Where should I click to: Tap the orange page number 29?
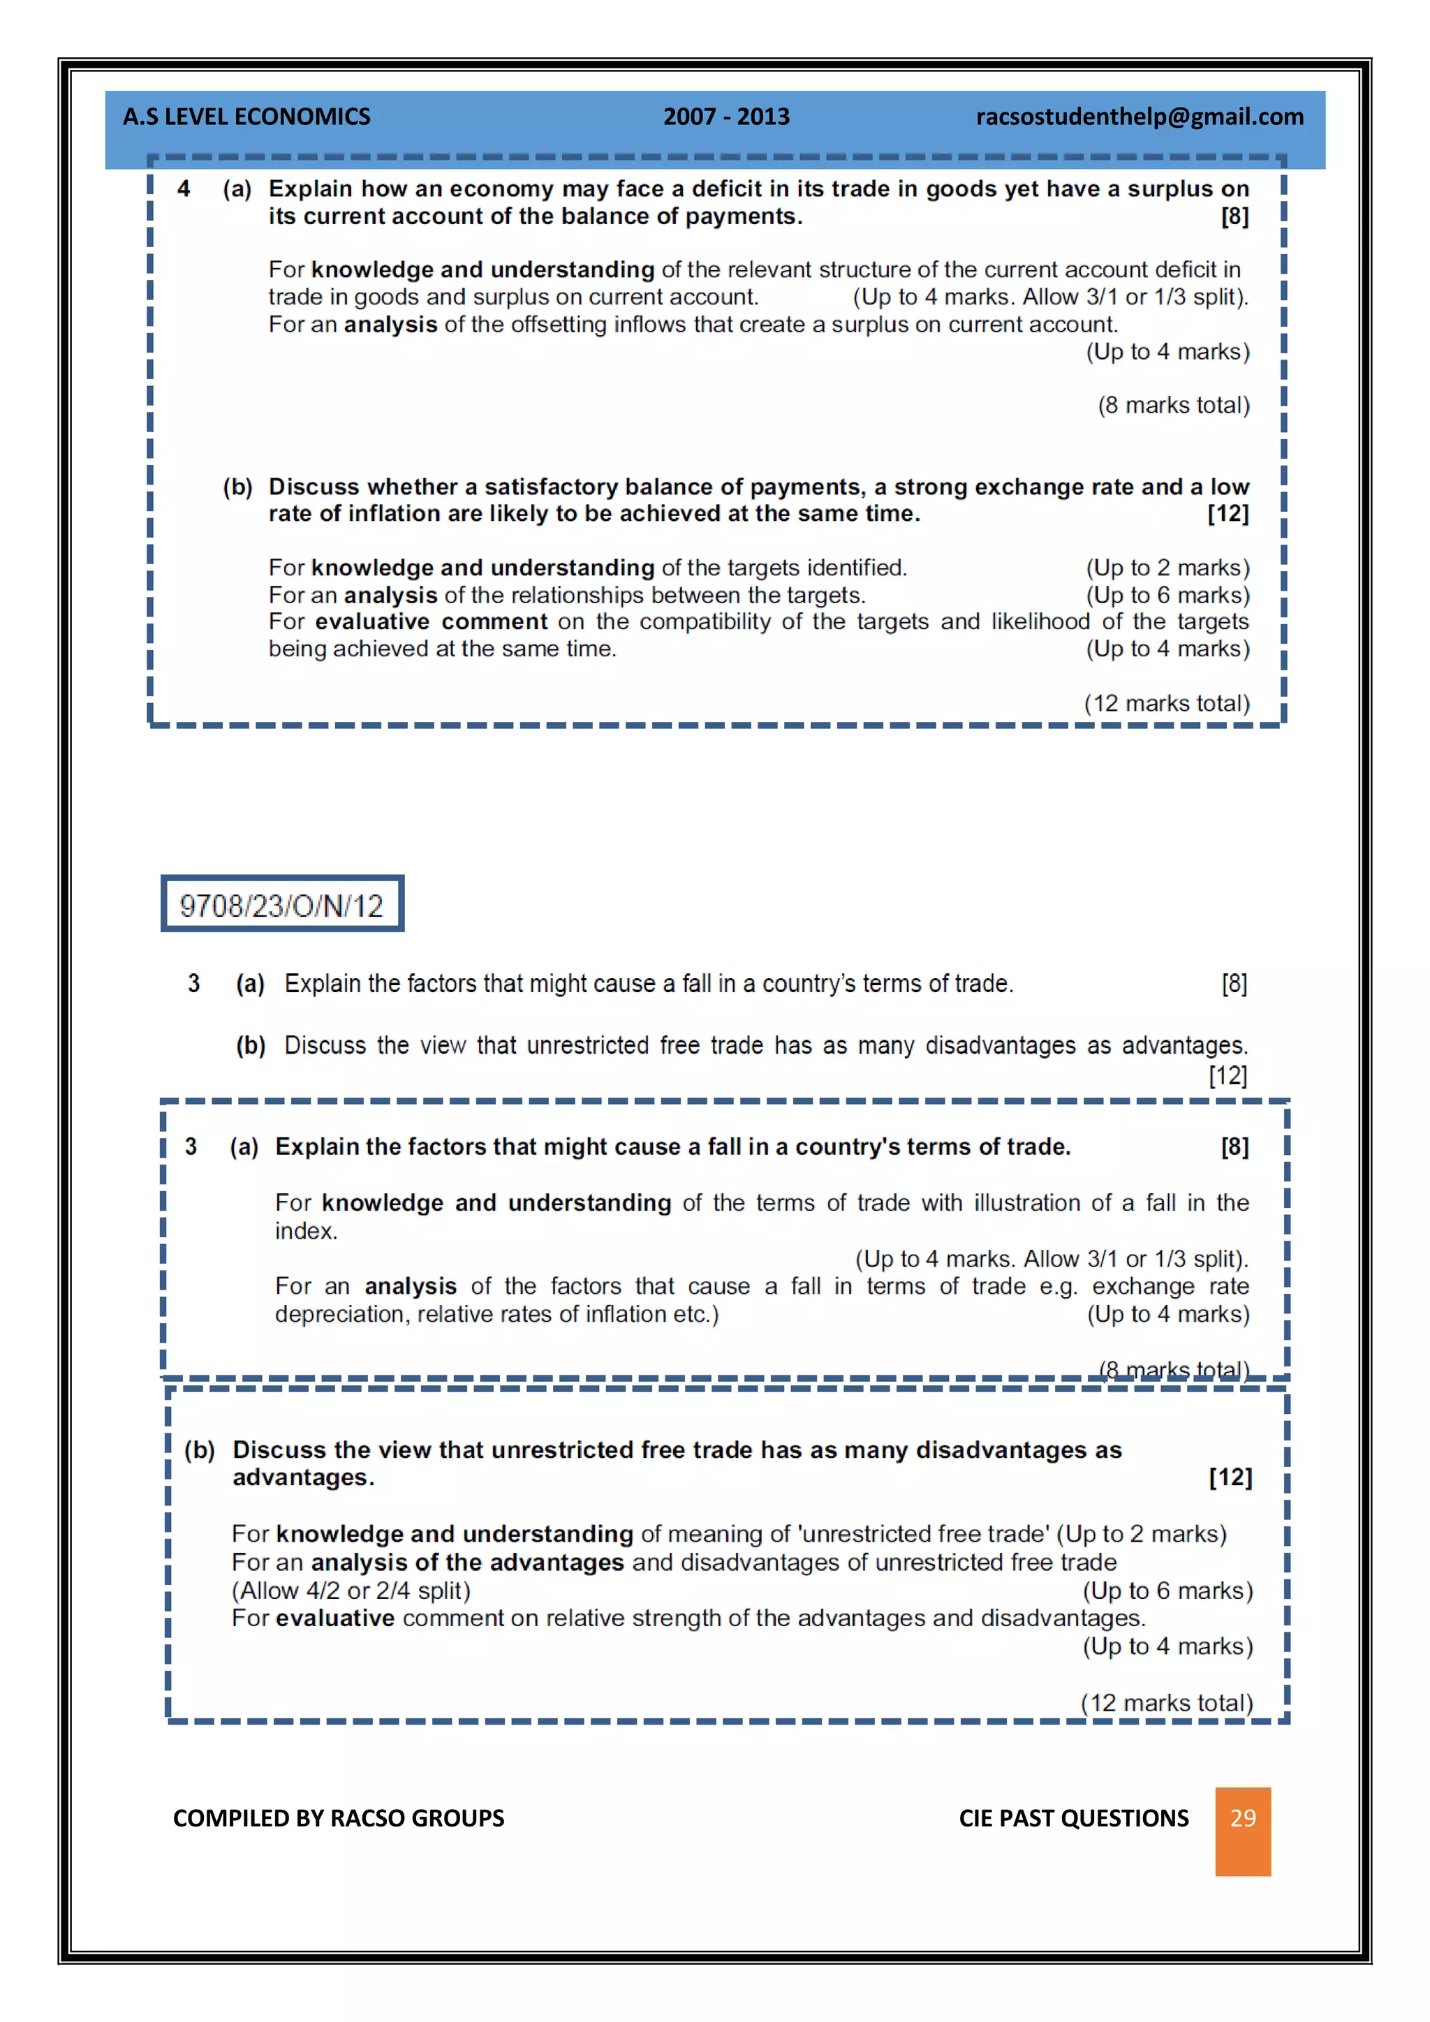click(x=1241, y=1817)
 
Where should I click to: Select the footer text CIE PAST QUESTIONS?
click(x=1073, y=1817)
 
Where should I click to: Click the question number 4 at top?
click(x=183, y=189)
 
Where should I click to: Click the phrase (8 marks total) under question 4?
click(x=1173, y=405)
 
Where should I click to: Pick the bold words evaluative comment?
click(x=431, y=621)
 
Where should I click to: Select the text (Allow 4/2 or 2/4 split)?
click(x=351, y=1591)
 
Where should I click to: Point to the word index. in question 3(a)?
click(x=306, y=1231)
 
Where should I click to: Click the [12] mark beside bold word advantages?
click(x=1229, y=1477)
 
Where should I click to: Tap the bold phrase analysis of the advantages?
click(x=466, y=1563)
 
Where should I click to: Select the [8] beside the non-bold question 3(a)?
click(x=1234, y=984)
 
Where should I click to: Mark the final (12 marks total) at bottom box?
click(x=1166, y=1702)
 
